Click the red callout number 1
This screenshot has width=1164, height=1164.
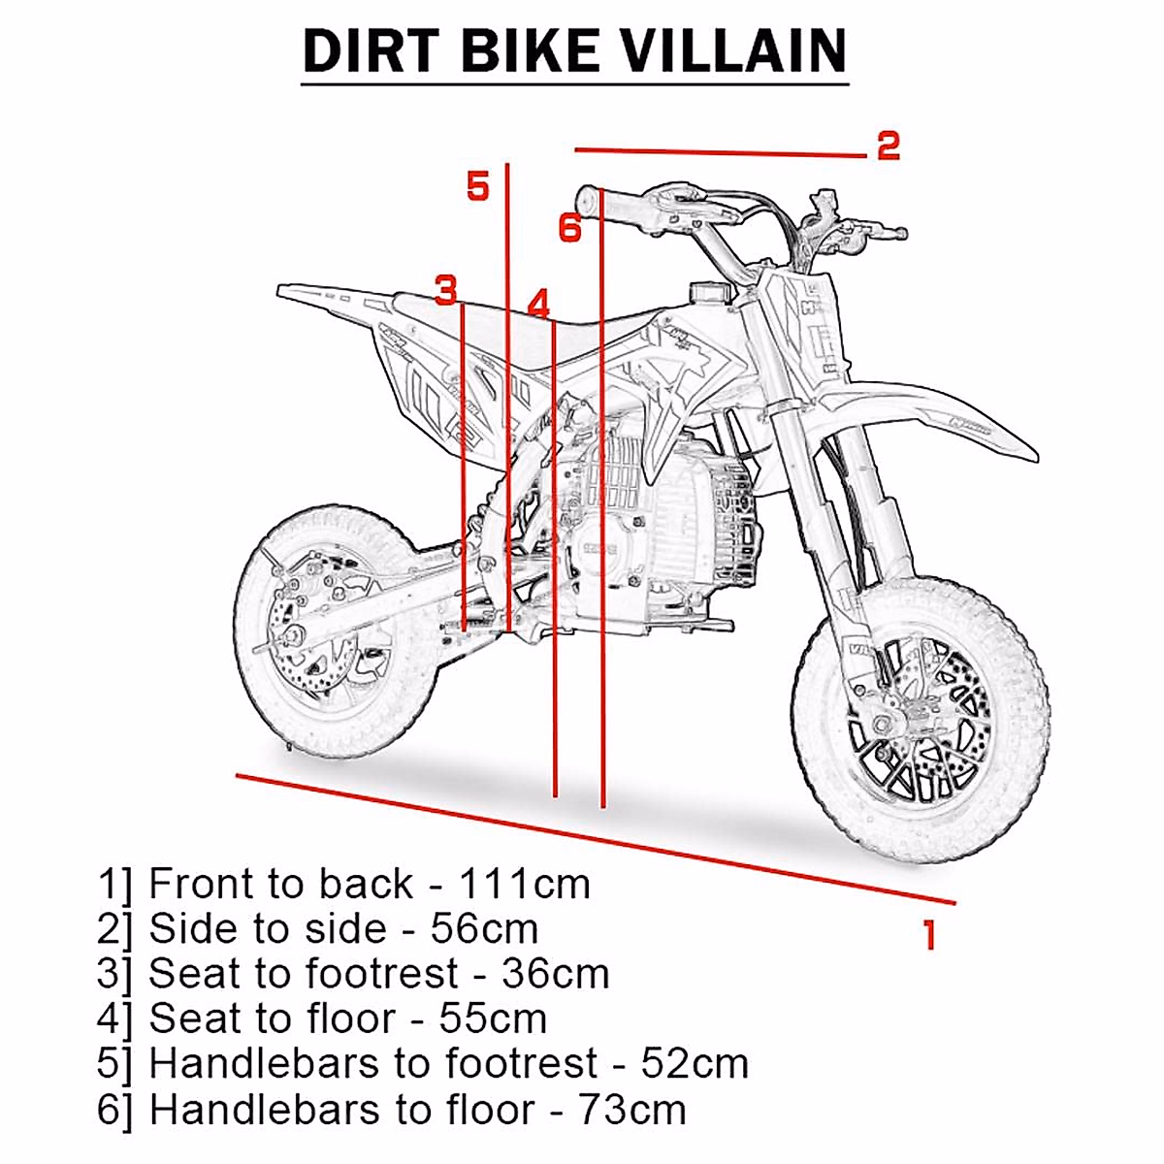coord(929,935)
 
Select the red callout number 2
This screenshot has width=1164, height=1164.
coord(889,145)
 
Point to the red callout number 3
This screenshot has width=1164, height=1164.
coord(445,290)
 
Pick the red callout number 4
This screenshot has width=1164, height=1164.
coord(539,303)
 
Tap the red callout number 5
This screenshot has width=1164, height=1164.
coord(478,185)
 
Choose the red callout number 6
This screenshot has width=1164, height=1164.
coord(570,228)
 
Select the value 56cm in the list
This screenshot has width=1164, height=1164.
coord(484,929)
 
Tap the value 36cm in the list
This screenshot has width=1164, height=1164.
coord(555,974)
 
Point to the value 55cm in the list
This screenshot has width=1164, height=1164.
coord(493,1018)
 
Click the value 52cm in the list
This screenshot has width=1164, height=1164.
coord(695,1064)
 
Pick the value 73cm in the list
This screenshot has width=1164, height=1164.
coord(632,1109)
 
